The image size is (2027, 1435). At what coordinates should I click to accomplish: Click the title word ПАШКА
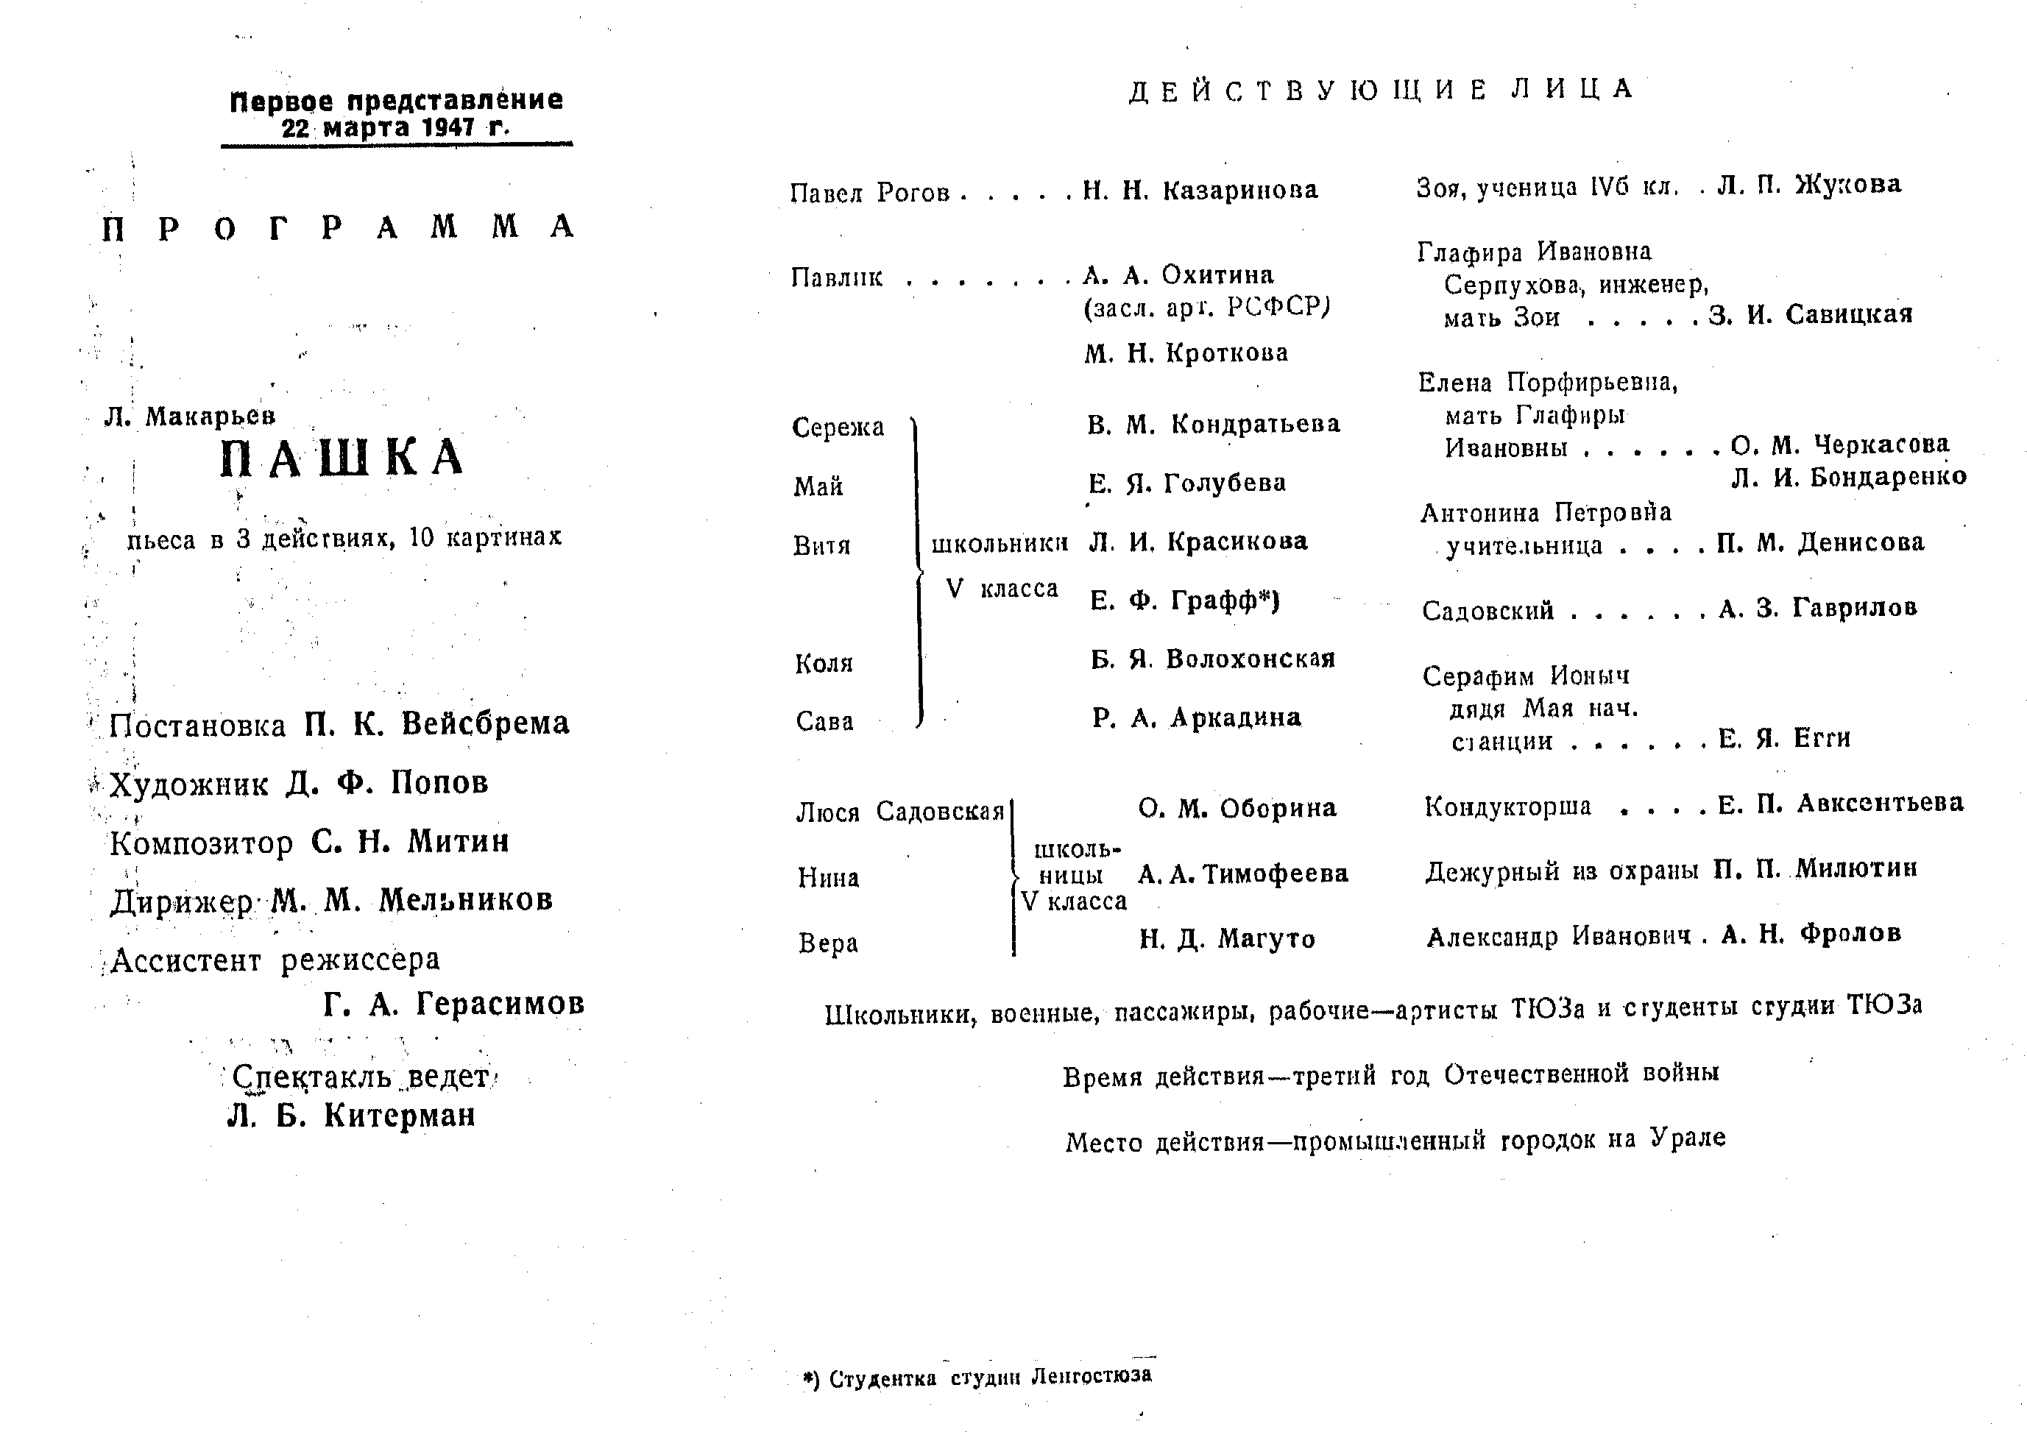click(342, 458)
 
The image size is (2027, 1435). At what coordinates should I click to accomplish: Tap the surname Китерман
click(400, 1116)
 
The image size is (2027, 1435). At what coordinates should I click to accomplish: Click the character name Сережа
click(838, 428)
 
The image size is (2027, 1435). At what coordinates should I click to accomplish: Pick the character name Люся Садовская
click(899, 812)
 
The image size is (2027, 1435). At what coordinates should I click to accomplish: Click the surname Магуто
click(1266, 938)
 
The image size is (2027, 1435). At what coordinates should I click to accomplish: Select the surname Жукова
click(1847, 185)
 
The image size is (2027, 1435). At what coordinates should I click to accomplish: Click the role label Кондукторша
click(1507, 807)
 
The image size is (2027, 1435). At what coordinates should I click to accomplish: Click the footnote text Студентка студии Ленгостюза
click(990, 1377)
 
